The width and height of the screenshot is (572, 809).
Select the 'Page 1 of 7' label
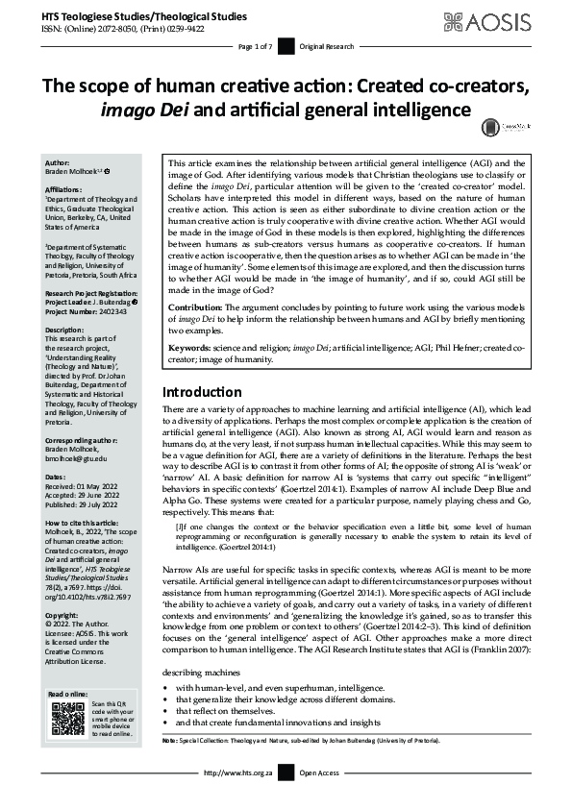tap(256, 46)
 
